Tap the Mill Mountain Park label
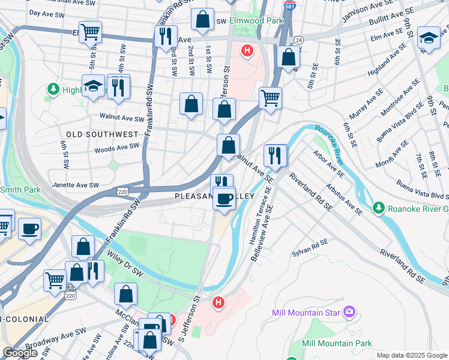point(337,343)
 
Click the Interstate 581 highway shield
point(289,7)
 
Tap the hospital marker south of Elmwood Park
point(246,50)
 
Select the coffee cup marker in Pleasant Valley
point(224,199)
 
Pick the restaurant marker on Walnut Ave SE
point(275,155)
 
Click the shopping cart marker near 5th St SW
point(91,32)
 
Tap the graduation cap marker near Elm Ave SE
point(429,37)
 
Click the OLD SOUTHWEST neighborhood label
point(103,134)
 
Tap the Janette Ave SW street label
point(76,185)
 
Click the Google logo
point(20,353)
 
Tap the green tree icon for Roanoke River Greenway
point(378,208)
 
